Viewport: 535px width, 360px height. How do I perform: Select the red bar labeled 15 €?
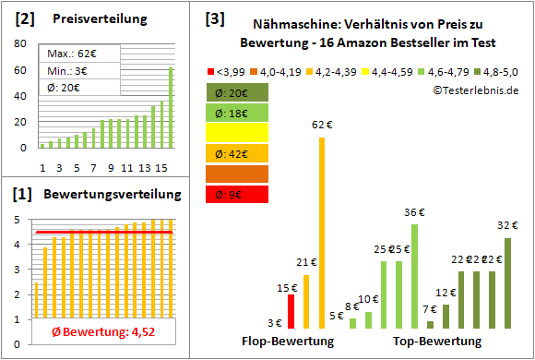coord(291,312)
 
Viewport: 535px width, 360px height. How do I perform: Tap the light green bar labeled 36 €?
coord(414,276)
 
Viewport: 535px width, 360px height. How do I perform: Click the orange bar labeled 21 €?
coord(306,302)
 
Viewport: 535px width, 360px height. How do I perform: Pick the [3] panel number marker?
coord(214,18)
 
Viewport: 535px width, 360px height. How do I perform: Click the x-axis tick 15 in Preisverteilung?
coord(161,167)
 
